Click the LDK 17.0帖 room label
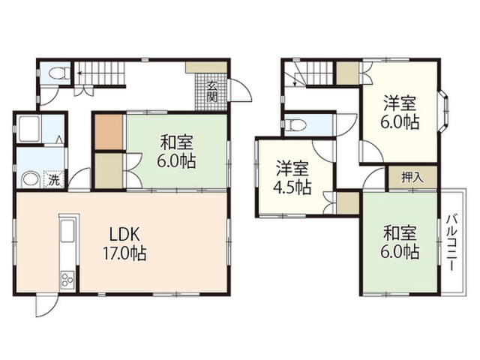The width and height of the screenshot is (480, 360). pyautogui.click(x=124, y=244)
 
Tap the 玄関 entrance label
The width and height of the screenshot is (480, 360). pyautogui.click(x=211, y=91)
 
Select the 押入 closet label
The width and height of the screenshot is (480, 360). pyautogui.click(x=412, y=178)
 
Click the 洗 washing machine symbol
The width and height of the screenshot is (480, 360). pyautogui.click(x=54, y=179)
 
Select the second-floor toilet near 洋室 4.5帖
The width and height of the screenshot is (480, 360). pyautogui.click(x=294, y=124)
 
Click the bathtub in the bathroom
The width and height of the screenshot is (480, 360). pyautogui.click(x=29, y=128)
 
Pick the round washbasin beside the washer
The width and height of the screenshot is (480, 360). pyautogui.click(x=31, y=178)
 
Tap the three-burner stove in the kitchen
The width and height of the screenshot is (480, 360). pyautogui.click(x=67, y=279)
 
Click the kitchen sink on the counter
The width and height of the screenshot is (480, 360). pyautogui.click(x=68, y=231)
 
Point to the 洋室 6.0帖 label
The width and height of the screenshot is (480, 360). pyautogui.click(x=400, y=112)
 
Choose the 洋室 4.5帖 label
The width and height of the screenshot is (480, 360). pyautogui.click(x=292, y=178)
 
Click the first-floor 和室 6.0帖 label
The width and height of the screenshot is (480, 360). pyautogui.click(x=176, y=151)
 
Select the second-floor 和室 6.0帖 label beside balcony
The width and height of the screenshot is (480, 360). pyautogui.click(x=400, y=242)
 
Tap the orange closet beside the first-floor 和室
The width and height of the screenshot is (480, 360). pyautogui.click(x=109, y=132)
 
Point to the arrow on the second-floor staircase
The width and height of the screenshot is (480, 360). pyautogui.click(x=295, y=79)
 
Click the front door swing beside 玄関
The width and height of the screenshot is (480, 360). pyautogui.click(x=241, y=91)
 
